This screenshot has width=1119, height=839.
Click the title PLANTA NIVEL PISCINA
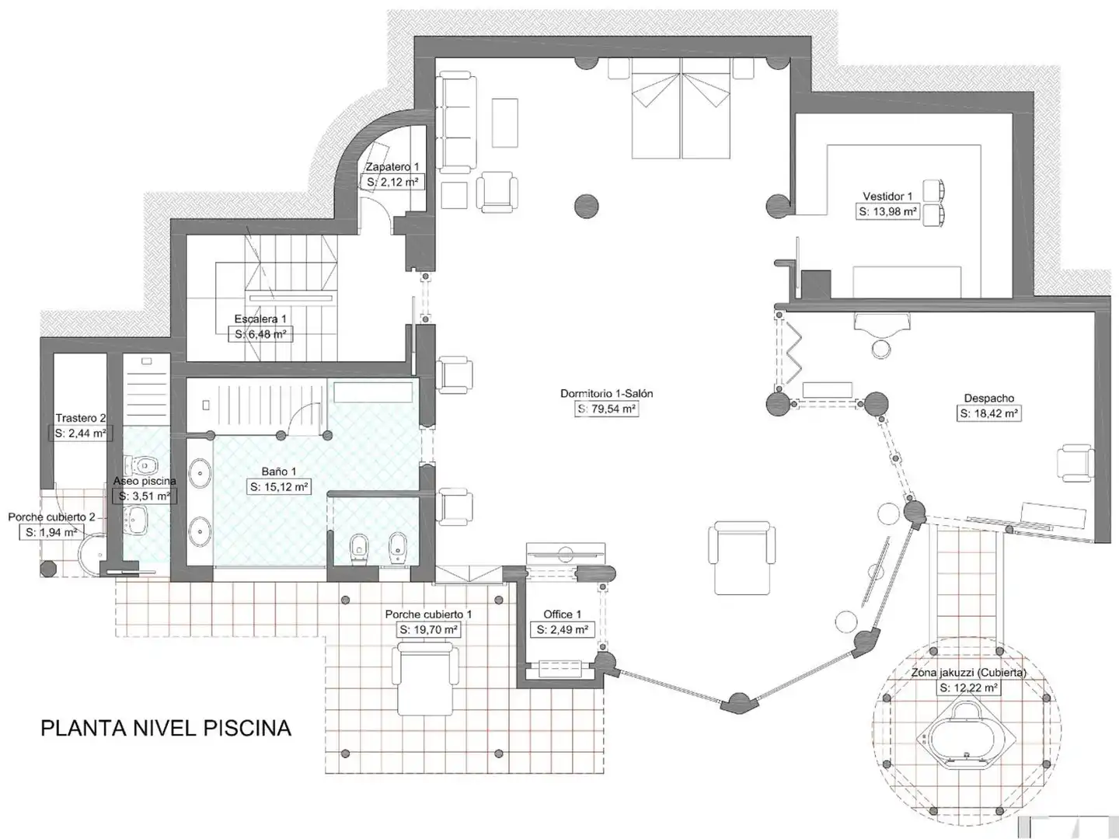point(166,729)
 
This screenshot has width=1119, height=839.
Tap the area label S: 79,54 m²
point(607,409)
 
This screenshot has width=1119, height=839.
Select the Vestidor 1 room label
point(887,196)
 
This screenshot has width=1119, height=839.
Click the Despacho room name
point(989,399)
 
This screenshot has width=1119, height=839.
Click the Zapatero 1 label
point(392,166)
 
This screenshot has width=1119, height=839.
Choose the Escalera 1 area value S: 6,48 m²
point(260,335)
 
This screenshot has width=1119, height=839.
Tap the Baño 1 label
point(279,472)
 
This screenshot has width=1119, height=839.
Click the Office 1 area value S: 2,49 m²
point(563,630)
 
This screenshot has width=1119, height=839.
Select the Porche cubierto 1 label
point(428,614)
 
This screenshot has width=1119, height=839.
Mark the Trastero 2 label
point(81,418)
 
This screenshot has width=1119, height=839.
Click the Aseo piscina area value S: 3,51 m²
point(145,496)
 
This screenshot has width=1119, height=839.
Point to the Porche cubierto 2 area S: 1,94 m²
point(51,533)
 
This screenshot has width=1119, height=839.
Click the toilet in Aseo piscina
point(145,465)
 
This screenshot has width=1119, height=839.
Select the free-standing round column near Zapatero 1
point(586,207)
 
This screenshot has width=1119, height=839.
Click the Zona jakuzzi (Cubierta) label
point(968,673)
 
